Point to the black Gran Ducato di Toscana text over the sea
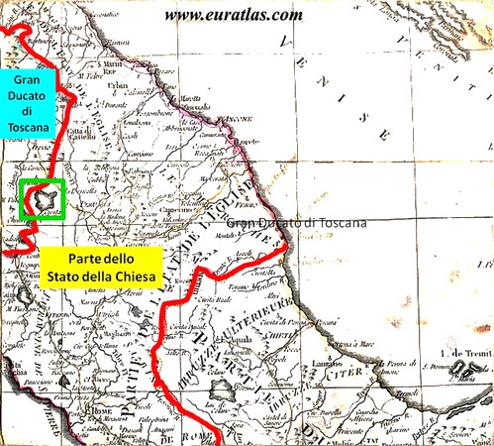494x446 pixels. (x=296, y=224)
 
